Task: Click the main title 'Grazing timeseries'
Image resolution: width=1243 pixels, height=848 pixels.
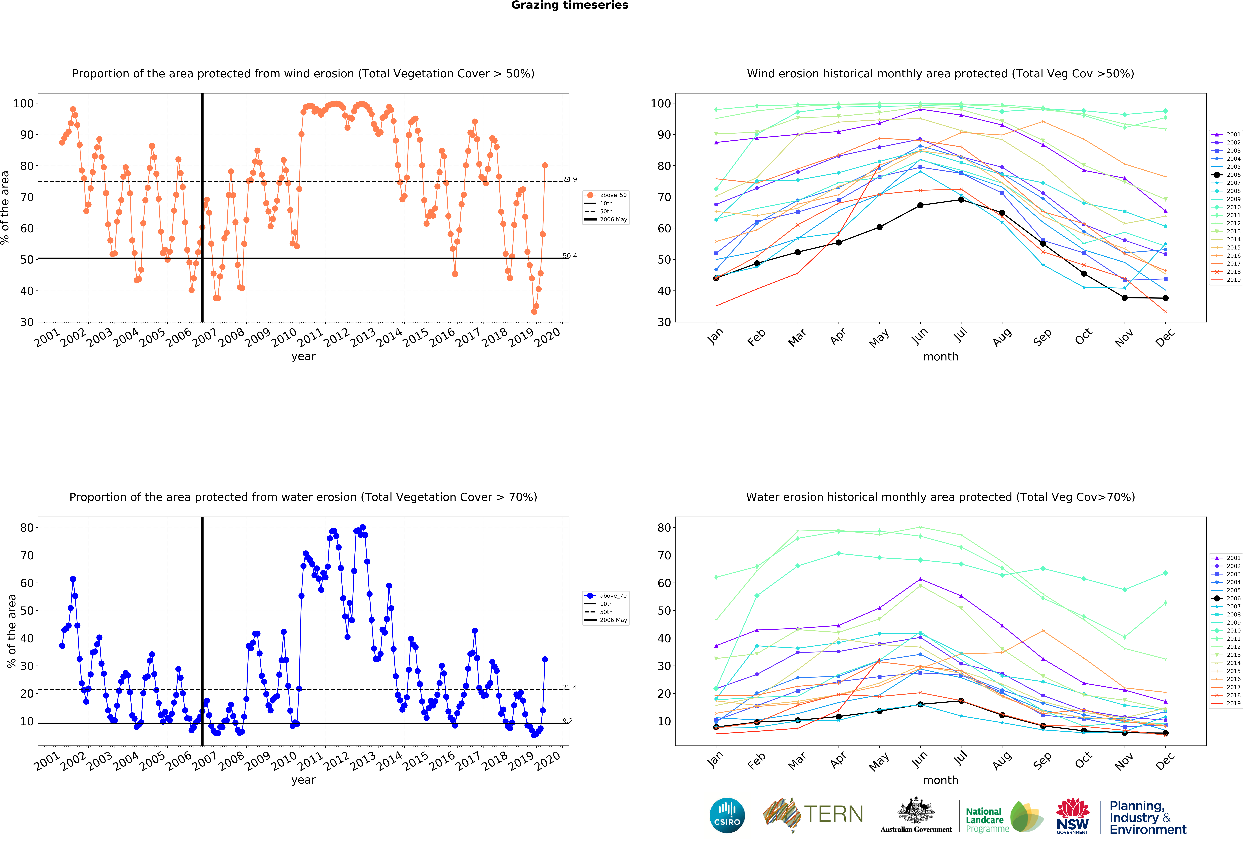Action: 570,5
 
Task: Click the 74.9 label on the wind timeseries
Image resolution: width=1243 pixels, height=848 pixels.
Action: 570,179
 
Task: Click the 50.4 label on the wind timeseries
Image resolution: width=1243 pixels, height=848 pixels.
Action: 570,256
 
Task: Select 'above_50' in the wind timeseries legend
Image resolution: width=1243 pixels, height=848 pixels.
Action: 613,195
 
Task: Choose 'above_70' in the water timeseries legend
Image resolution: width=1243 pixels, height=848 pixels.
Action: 613,595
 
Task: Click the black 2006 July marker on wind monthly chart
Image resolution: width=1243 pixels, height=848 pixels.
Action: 961,200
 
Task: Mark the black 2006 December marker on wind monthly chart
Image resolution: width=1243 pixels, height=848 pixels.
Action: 1165,298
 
